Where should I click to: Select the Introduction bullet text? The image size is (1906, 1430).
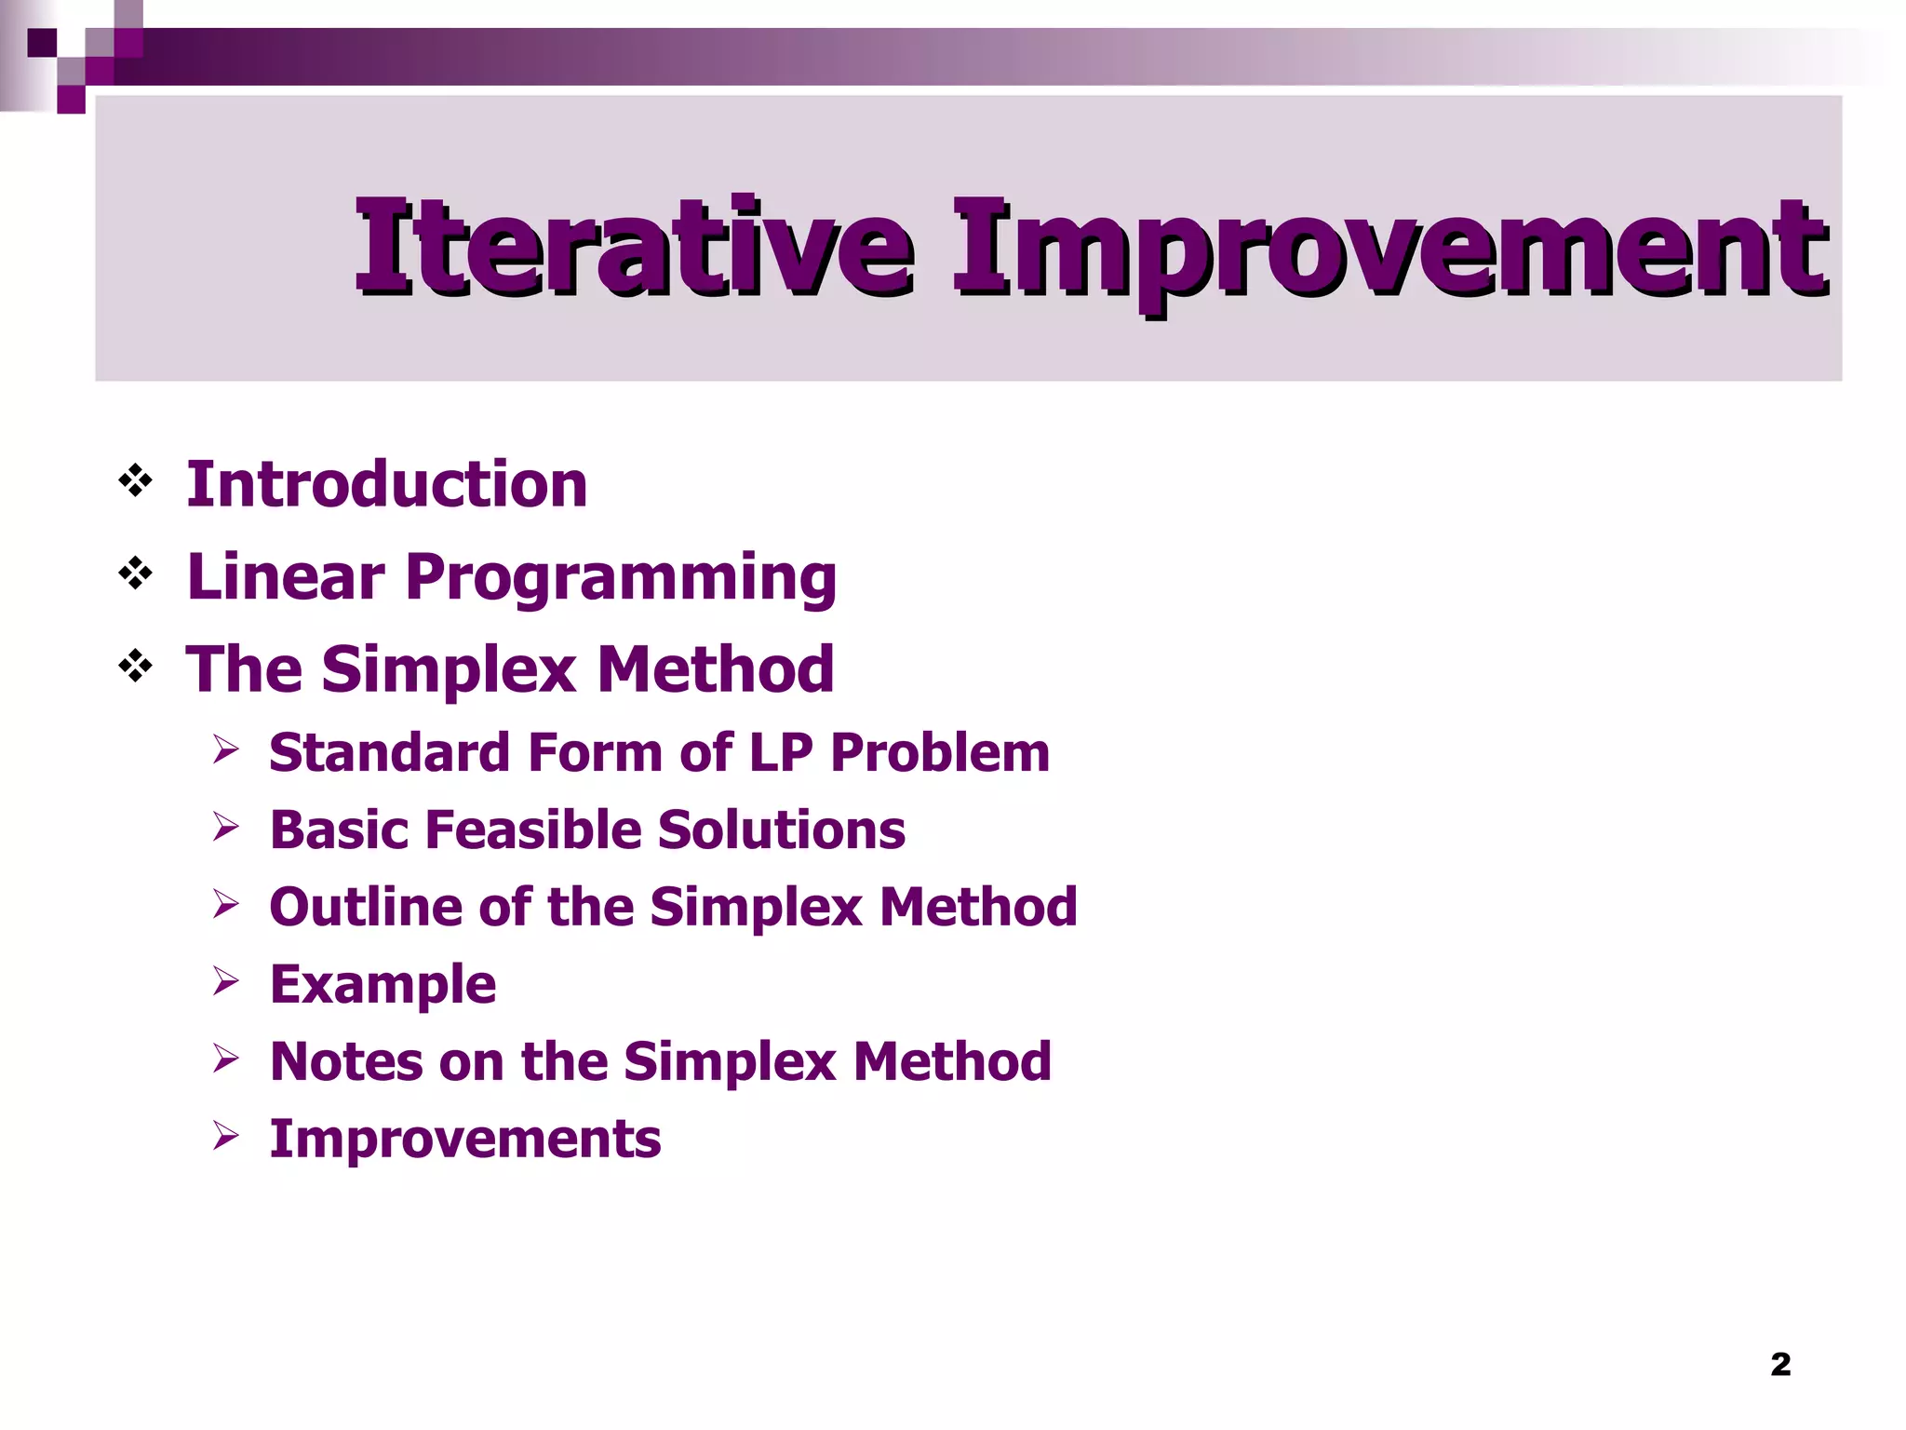(x=386, y=485)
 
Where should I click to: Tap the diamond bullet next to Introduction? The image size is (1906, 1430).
(x=136, y=481)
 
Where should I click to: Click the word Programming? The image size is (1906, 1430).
(x=621, y=578)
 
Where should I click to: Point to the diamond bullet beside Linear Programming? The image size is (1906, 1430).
(x=136, y=573)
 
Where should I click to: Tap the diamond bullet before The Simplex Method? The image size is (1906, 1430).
(x=136, y=666)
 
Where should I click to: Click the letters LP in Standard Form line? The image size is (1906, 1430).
(x=781, y=752)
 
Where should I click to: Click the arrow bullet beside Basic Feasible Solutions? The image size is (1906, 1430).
(x=225, y=826)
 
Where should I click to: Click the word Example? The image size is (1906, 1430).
(x=383, y=985)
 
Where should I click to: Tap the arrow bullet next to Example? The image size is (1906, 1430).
(x=225, y=980)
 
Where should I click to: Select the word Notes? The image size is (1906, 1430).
(x=346, y=1061)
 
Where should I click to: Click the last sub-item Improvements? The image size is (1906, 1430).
(x=465, y=1139)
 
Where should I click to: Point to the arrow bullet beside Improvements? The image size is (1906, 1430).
(x=225, y=1135)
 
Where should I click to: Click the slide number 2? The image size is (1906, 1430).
(x=1780, y=1364)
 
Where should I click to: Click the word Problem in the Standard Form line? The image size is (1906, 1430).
(x=940, y=752)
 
